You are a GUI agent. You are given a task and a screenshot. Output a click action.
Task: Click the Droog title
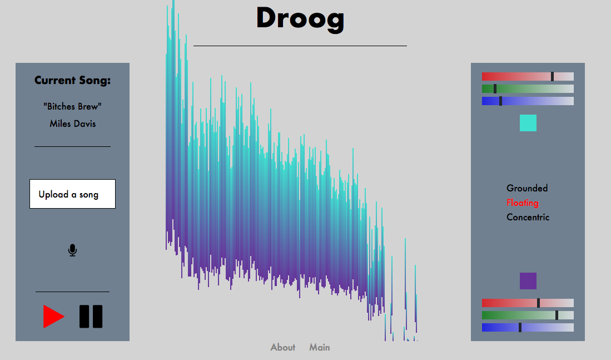[x=300, y=19]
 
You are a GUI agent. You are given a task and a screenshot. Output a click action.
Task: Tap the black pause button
[x=91, y=316]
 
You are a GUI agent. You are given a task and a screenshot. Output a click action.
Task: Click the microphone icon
[x=72, y=250]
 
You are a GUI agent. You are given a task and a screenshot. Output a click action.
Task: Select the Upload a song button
[x=72, y=194]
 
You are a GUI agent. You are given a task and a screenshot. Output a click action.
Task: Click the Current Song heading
[x=72, y=80]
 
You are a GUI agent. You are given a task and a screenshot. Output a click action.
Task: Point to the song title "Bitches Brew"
[x=72, y=106]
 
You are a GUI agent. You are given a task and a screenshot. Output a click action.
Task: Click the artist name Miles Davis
[x=72, y=124]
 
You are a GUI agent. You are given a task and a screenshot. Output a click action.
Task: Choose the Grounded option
[x=527, y=188]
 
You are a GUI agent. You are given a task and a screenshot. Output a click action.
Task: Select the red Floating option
[x=523, y=203]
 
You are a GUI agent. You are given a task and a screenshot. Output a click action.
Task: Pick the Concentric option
[x=528, y=217]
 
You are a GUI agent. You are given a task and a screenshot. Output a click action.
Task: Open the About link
[x=283, y=347]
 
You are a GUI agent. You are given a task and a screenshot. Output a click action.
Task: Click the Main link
[x=320, y=347]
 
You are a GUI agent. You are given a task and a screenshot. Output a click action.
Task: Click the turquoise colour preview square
[x=528, y=123]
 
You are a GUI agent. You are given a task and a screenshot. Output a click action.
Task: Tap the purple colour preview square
[x=528, y=281]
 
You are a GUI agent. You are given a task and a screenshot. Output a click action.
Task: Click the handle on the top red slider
[x=552, y=76]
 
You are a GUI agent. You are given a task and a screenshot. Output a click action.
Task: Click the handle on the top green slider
[x=495, y=89]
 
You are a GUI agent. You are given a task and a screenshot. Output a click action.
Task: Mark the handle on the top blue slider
[x=500, y=101]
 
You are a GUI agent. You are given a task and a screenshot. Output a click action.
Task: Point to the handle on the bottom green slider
[x=557, y=315]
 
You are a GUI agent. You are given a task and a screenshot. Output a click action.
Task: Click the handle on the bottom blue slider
[x=520, y=328]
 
